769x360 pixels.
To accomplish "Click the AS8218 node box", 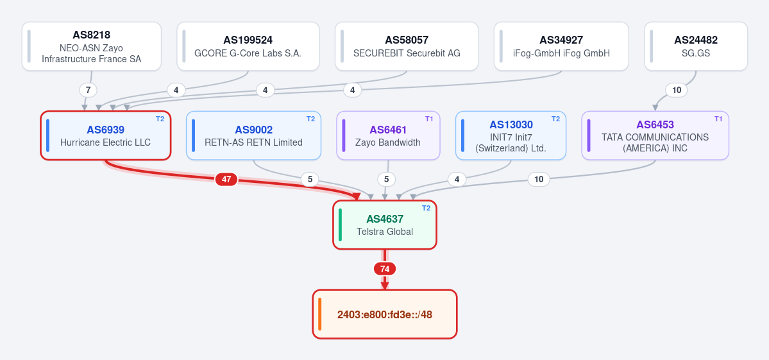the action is click(92, 47).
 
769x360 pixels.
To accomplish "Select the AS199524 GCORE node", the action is click(248, 47).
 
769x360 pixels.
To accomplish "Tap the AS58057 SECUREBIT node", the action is click(407, 47).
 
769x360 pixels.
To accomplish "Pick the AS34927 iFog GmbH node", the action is click(561, 47).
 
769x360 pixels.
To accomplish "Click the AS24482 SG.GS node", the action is click(696, 47).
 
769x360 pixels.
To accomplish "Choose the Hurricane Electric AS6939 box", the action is click(105, 135).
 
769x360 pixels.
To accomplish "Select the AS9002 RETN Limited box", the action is click(253, 135).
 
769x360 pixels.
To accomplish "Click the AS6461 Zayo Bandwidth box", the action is click(389, 135).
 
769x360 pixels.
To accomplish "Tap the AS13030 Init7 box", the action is click(511, 135).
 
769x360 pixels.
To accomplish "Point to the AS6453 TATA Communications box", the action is click(655, 135).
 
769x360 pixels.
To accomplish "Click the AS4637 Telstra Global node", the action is click(385, 225).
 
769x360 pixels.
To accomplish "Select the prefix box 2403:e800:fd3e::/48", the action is click(385, 314).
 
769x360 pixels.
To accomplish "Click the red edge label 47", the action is click(226, 180).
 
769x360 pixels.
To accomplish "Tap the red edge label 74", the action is click(385, 269).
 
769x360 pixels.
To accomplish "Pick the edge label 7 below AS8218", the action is click(89, 90).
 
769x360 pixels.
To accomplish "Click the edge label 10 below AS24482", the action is click(677, 90).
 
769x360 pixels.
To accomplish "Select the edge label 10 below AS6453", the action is click(539, 180).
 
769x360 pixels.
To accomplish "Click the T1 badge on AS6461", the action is click(429, 119).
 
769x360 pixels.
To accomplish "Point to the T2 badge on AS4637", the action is click(426, 208).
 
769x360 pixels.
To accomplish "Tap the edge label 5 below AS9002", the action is click(310, 180).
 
